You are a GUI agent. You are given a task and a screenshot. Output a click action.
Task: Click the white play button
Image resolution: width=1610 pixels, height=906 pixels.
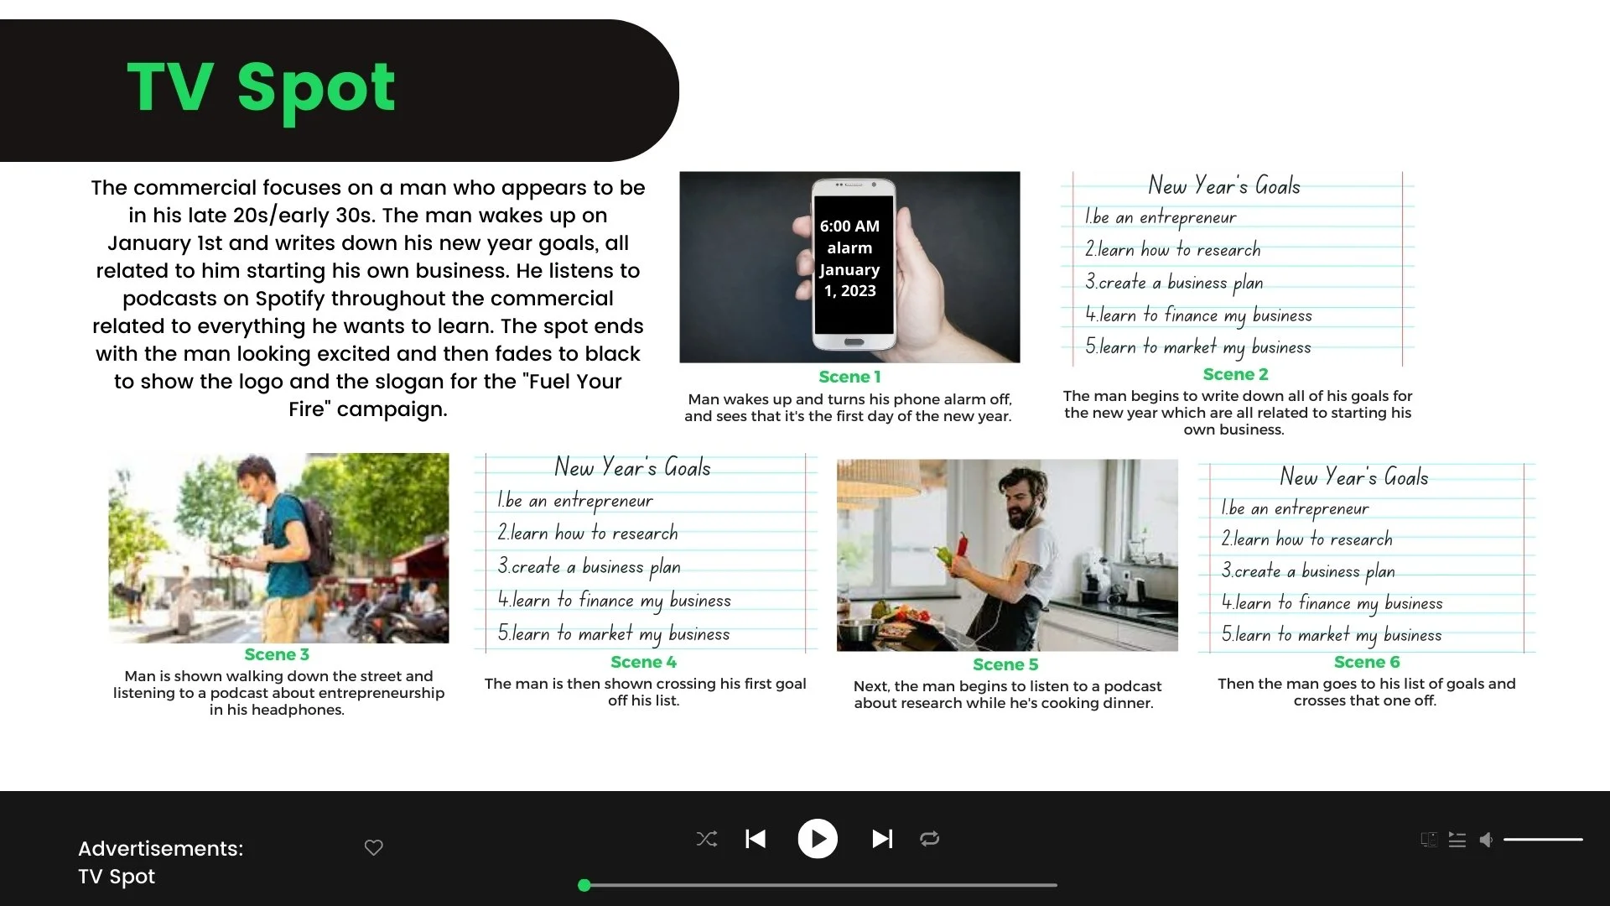[x=818, y=838]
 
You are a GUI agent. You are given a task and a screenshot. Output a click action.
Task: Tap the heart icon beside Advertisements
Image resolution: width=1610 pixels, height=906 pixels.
[x=374, y=847]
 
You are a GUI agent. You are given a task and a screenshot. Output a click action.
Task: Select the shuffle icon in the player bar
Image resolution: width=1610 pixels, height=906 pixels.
[x=707, y=838]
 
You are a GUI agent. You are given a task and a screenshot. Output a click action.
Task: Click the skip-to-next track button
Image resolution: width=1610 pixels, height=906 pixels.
[x=882, y=838]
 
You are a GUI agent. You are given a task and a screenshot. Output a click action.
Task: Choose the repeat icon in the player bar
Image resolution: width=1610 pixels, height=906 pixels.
[x=929, y=838]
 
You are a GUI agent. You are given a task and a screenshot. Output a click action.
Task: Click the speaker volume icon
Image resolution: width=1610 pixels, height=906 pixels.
[x=1486, y=840]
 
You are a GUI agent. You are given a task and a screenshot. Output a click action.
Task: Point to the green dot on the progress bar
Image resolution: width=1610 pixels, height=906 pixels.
[x=584, y=885]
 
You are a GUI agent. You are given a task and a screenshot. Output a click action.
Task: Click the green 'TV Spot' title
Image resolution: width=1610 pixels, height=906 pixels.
[x=261, y=87]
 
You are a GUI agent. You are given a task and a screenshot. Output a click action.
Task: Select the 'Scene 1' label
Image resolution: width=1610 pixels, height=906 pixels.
[x=849, y=377]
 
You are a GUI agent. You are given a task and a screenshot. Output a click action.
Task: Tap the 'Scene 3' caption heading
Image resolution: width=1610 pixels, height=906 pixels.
[x=277, y=654]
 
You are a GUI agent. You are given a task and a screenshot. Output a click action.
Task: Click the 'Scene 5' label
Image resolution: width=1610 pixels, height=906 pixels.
[x=1005, y=664]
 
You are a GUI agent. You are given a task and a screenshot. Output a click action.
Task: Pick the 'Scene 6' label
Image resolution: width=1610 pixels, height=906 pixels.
[x=1367, y=662]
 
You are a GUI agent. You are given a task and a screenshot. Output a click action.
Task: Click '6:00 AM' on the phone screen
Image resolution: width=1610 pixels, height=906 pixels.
[x=849, y=226]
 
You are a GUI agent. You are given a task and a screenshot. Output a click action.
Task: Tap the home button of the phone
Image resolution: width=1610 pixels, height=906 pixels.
[x=854, y=342]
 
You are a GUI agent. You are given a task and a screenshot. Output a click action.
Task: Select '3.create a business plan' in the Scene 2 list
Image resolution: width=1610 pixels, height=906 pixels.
[x=1174, y=283]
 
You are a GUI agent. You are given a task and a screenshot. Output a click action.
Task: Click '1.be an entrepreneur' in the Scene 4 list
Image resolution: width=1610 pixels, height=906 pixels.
[x=575, y=501]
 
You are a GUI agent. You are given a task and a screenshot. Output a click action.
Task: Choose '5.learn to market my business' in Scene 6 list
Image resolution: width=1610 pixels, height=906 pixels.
[x=1332, y=635]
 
